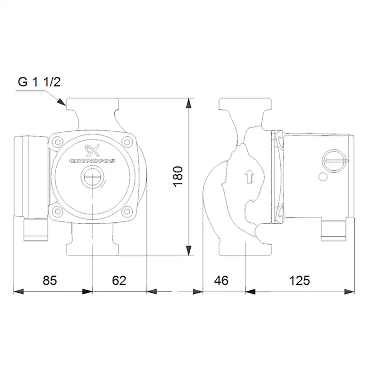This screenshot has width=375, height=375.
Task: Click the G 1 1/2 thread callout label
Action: coord(39,82)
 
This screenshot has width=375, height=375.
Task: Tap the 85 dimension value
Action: coord(50,280)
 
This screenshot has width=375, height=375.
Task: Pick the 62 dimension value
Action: coord(119,280)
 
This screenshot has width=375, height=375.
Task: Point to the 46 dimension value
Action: coord(221,280)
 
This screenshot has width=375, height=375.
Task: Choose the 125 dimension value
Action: coord(300,280)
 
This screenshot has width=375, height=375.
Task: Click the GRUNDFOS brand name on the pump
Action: coord(92,161)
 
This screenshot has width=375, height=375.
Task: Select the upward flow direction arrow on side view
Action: coord(249,176)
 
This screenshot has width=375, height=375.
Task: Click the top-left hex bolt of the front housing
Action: coord(58,142)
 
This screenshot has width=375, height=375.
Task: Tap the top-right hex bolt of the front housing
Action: coord(128,142)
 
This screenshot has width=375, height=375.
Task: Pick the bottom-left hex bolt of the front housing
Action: coord(58,211)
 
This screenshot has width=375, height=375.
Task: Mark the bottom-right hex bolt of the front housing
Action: coord(128,211)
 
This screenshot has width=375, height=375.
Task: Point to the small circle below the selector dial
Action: coord(322,177)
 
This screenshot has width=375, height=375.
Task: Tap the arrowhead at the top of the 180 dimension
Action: coord(188,103)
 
